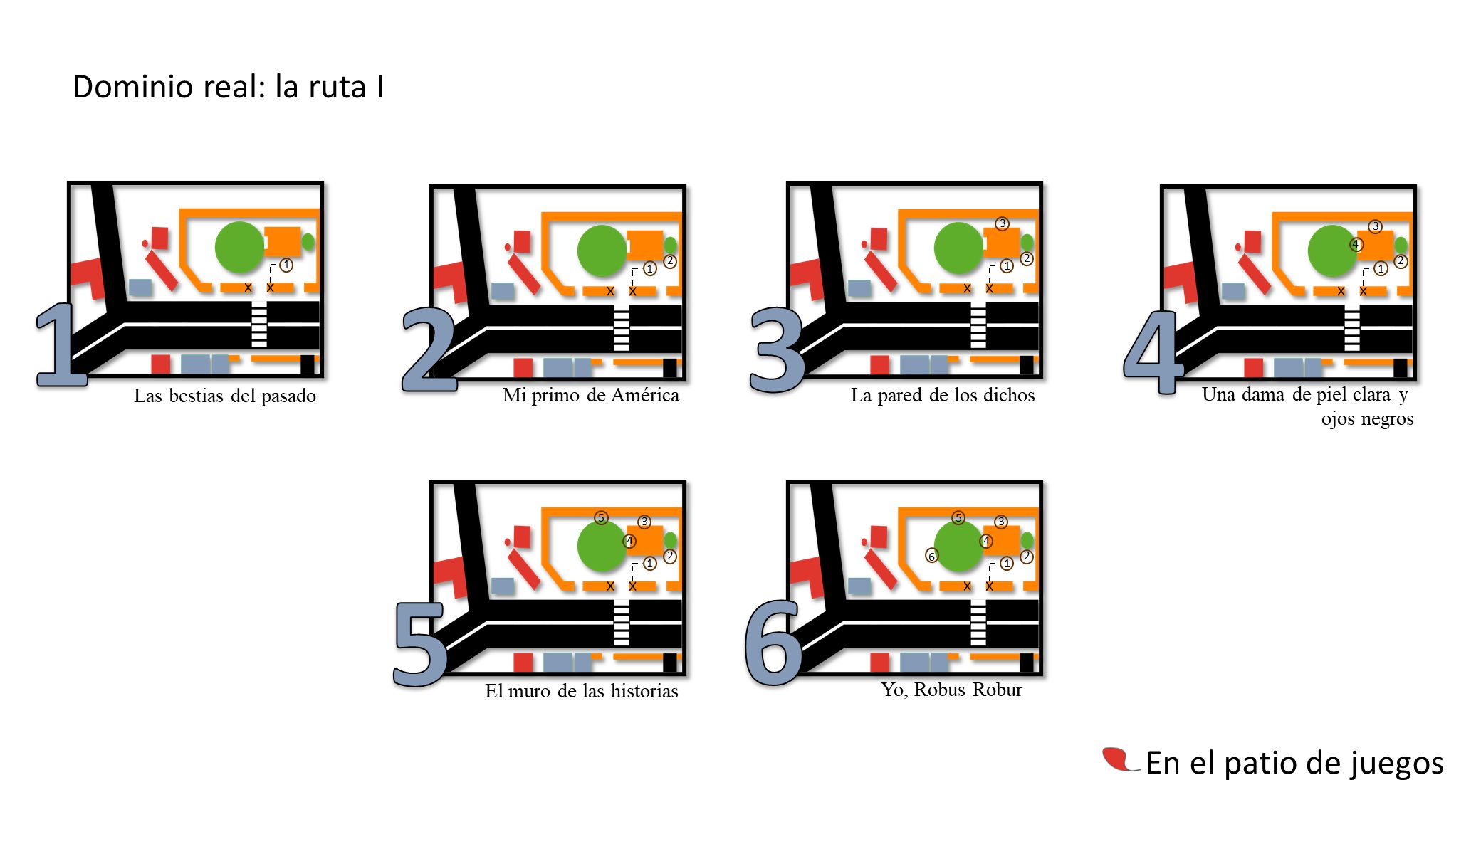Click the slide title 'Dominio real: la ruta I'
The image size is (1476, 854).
tap(228, 87)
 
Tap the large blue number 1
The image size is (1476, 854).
tap(61, 345)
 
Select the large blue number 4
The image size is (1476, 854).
tap(1153, 352)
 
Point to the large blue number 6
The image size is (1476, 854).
tap(773, 643)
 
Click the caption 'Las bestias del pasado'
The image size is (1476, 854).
tap(225, 396)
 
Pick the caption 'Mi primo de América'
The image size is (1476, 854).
tap(591, 395)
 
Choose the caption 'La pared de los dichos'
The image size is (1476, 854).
tap(943, 395)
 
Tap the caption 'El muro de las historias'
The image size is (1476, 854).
tap(582, 691)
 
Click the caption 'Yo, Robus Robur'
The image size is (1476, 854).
tap(951, 690)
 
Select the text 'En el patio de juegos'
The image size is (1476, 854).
tap(1294, 764)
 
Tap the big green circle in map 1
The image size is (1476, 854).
tap(240, 247)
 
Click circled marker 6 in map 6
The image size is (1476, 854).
tap(931, 557)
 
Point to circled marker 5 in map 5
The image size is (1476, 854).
tap(602, 518)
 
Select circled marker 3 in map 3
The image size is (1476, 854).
tap(1003, 224)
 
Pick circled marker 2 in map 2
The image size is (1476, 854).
tap(670, 261)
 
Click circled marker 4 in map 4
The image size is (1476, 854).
tap(1356, 245)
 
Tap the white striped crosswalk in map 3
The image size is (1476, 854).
tap(978, 325)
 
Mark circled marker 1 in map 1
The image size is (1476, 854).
tap(286, 265)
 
